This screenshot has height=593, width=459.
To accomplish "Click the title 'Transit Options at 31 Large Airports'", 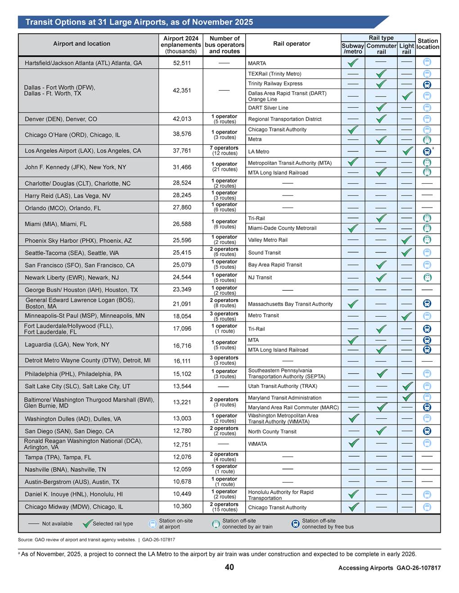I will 139,22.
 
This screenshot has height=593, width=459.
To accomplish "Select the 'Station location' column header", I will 427,44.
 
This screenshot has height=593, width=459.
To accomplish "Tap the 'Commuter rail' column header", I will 381,49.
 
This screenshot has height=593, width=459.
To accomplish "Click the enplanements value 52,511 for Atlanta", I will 182,63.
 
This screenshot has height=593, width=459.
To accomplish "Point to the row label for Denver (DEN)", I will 61,119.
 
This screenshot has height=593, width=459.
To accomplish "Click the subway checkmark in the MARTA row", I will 353,63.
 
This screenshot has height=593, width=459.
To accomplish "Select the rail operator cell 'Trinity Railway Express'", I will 275,84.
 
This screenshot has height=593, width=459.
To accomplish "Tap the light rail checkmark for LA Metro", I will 407,151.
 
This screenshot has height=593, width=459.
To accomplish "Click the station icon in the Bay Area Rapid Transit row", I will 427,265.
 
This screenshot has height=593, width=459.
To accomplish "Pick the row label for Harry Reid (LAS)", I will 67,196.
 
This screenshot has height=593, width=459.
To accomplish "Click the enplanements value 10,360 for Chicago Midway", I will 182,506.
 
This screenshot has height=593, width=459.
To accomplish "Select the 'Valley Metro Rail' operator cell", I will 268,240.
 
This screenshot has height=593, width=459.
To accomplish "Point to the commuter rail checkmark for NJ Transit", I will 381,278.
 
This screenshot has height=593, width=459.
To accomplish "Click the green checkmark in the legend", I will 87,524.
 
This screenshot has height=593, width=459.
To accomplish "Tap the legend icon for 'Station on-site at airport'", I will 153,524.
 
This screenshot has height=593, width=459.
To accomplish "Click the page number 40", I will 229,567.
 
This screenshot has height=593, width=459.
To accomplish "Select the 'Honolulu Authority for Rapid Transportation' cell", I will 281,495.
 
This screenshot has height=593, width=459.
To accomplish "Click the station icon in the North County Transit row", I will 427,431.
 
